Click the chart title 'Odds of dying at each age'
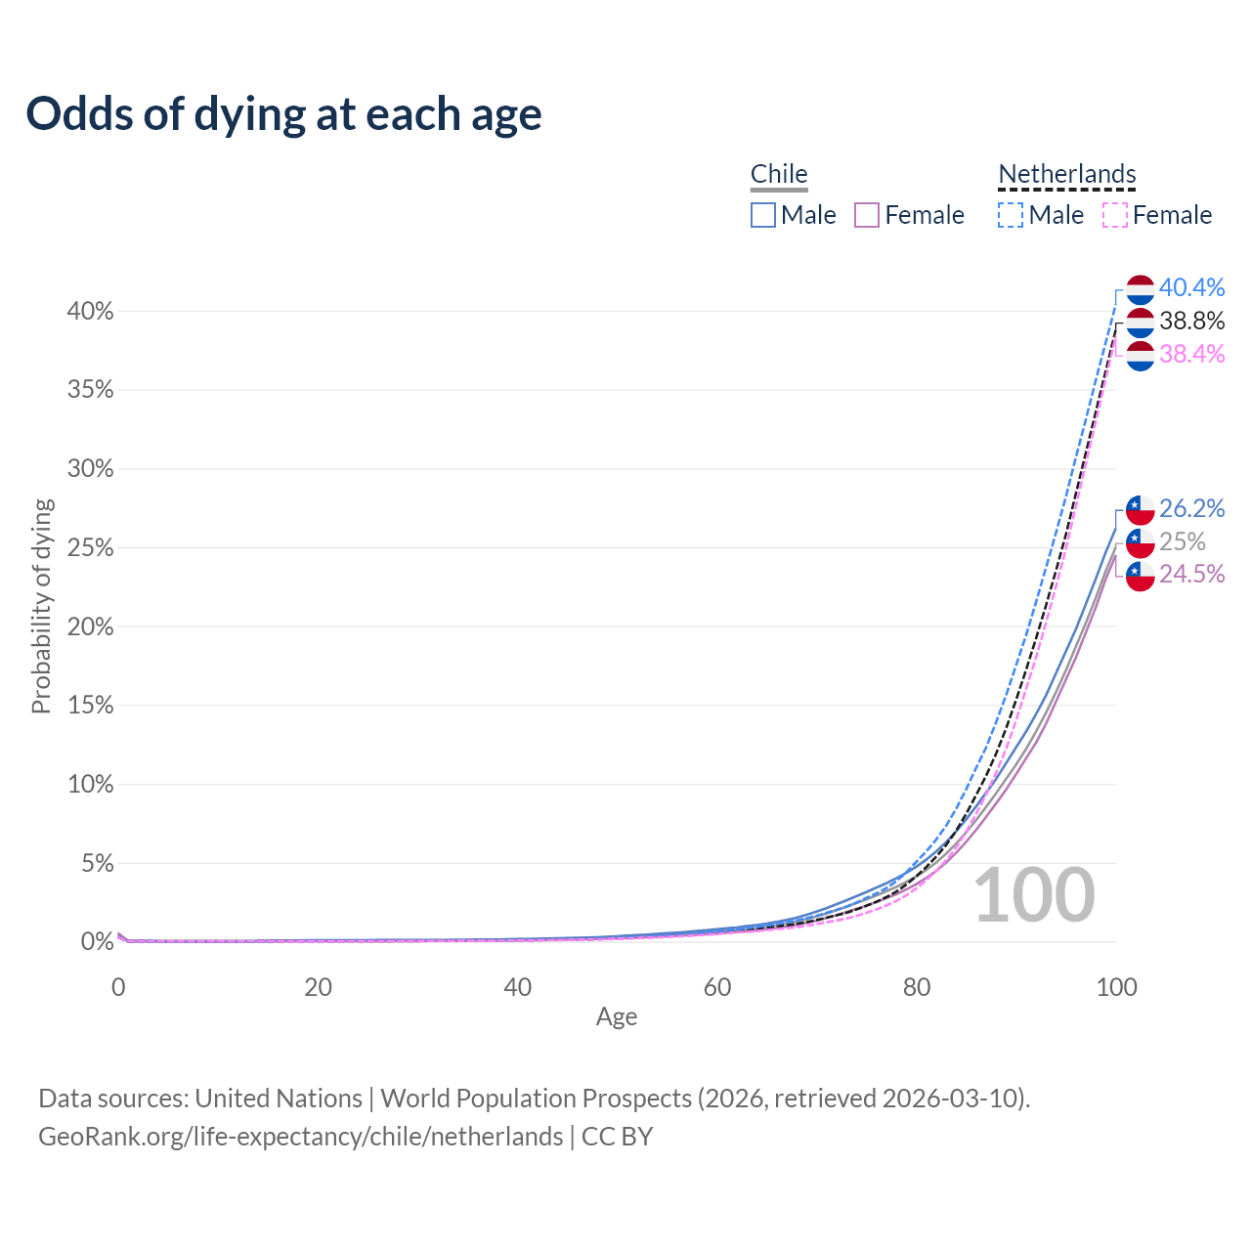(283, 114)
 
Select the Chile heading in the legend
(779, 174)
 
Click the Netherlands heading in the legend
(1066, 174)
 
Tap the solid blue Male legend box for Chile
(763, 215)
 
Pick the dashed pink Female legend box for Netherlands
(1115, 215)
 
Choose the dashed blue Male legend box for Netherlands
(1011, 215)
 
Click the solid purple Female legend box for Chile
(867, 215)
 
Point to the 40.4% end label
(1191, 287)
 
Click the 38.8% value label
(1191, 321)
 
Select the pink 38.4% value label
(1191, 354)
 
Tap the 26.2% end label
(1191, 508)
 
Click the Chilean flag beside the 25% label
(1140, 542)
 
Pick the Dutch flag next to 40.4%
(1140, 290)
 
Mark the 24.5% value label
(1191, 574)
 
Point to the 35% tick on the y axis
(91, 390)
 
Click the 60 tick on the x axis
(717, 987)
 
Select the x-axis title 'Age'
(617, 1016)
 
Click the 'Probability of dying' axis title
(41, 606)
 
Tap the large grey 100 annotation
(1034, 895)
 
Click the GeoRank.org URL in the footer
(300, 1137)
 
